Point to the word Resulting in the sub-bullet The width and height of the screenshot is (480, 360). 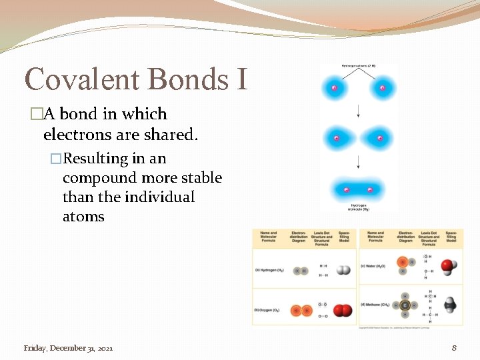click(x=95, y=159)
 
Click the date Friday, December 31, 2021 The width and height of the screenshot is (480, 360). click(x=68, y=348)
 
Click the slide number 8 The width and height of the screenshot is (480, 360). click(x=454, y=348)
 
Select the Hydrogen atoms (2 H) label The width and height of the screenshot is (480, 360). click(x=358, y=66)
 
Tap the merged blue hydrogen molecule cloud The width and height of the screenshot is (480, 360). click(x=358, y=190)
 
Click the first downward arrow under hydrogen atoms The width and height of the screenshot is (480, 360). click(x=358, y=109)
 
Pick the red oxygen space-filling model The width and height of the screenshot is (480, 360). click(x=343, y=311)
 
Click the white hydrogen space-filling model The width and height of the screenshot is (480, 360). click(x=343, y=271)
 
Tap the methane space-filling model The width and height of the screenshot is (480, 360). click(x=451, y=305)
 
